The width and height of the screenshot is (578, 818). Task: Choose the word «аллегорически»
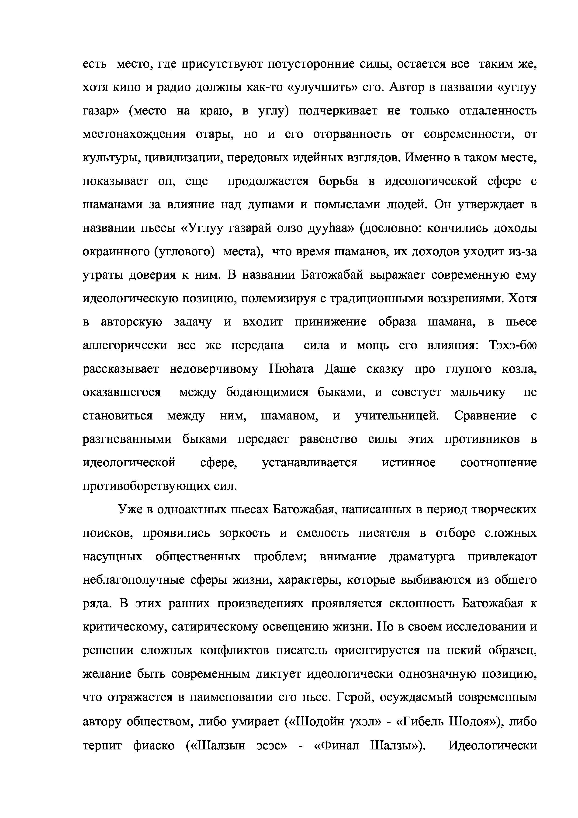click(x=125, y=345)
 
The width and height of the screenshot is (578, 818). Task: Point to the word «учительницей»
click(x=397, y=416)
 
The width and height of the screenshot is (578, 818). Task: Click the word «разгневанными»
click(x=127, y=439)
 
